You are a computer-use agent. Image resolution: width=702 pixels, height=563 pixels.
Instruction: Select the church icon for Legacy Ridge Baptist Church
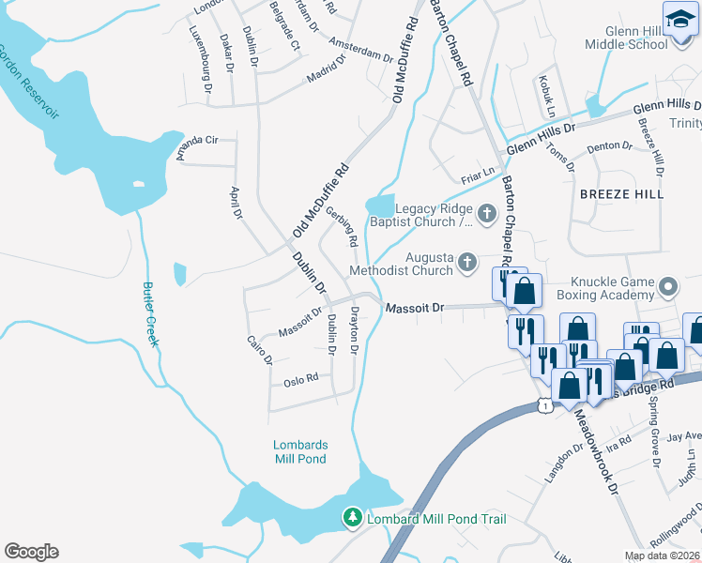(486, 215)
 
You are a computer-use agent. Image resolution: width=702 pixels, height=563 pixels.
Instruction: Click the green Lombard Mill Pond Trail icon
(352, 518)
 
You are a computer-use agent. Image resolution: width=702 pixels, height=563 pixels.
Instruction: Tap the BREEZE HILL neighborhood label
(621, 193)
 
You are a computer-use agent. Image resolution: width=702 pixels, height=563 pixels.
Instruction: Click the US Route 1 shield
(544, 404)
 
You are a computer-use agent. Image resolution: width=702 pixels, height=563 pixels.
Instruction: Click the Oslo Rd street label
(301, 380)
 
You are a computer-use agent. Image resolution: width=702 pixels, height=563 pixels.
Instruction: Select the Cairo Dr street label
(259, 349)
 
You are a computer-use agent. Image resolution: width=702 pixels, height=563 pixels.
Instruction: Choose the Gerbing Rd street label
(342, 227)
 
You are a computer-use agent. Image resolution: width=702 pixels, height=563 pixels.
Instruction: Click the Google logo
(32, 552)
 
